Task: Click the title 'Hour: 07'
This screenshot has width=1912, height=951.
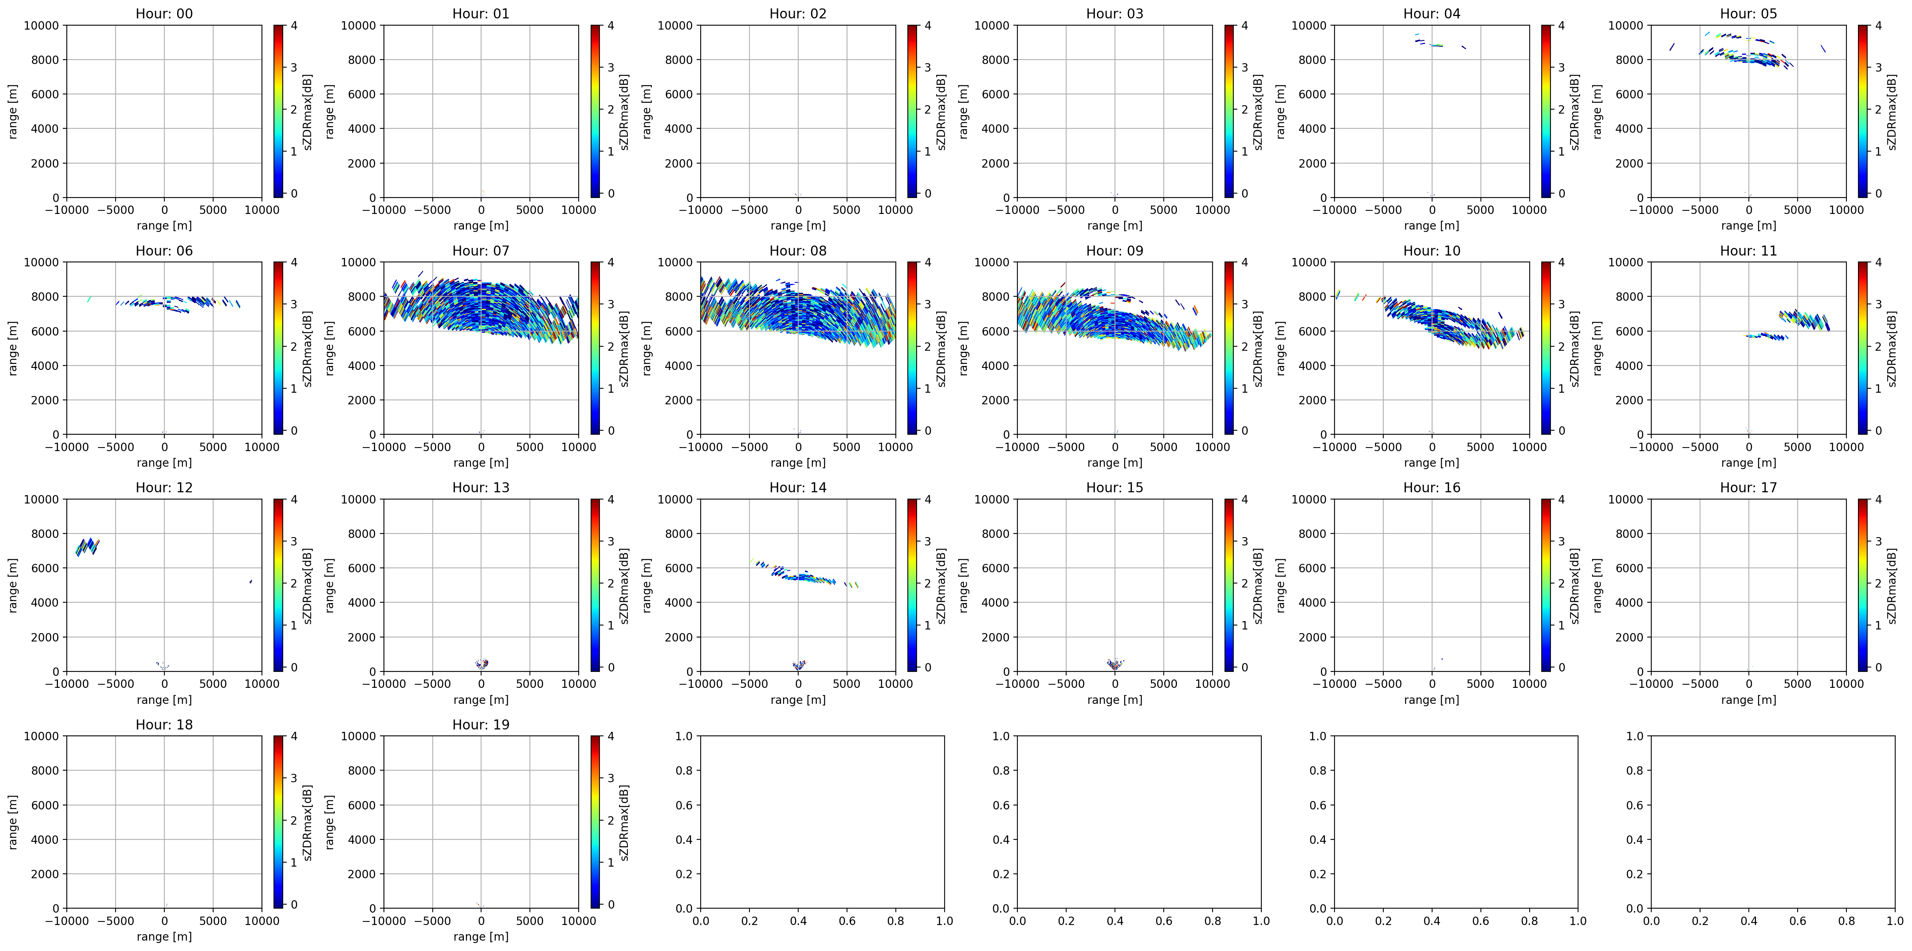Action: pos(481,251)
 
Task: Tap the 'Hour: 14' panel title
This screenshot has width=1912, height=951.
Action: pos(798,488)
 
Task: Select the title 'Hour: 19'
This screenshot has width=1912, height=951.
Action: pos(481,725)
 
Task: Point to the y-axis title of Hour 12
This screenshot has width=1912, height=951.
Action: pos(13,585)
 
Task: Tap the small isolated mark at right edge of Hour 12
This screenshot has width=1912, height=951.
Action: pos(251,581)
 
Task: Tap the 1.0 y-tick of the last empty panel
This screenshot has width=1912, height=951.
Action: pos(1635,737)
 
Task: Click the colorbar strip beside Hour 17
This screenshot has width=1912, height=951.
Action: pos(1863,585)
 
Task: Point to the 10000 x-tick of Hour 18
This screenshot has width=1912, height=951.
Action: pos(262,921)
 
